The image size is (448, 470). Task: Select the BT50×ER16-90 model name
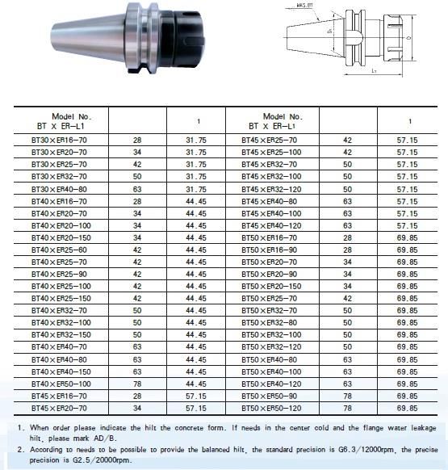(x=274, y=249)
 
